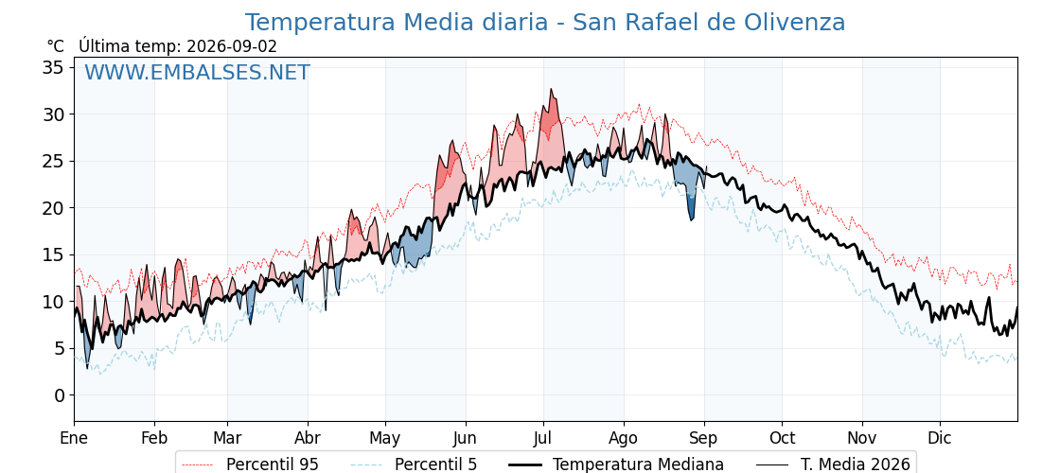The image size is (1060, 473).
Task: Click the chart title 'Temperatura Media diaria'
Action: pyautogui.click(x=396, y=23)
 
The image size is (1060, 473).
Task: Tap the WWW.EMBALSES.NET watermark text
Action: pyautogui.click(x=197, y=72)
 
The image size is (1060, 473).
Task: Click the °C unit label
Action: pyautogui.click(x=56, y=46)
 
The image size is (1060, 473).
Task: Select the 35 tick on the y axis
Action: pyautogui.click(x=55, y=67)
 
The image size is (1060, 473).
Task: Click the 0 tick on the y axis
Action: pyautogui.click(x=61, y=395)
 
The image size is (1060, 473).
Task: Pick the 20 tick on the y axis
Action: pyautogui.click(x=55, y=208)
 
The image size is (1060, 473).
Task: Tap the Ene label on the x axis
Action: pyautogui.click(x=74, y=438)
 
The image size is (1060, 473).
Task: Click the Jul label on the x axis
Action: pyautogui.click(x=543, y=438)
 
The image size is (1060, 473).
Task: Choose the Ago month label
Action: pyautogui.click(x=623, y=439)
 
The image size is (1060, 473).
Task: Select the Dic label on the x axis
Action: pyautogui.click(x=940, y=438)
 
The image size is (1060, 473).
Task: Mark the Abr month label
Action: pyautogui.click(x=308, y=438)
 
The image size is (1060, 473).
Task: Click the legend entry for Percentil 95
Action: pyautogui.click(x=248, y=464)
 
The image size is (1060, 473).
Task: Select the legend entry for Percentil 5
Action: pyautogui.click(x=414, y=464)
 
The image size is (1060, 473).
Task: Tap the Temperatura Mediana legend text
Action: pyautogui.click(x=638, y=464)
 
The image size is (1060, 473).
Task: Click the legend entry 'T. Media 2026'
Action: pyautogui.click(x=856, y=464)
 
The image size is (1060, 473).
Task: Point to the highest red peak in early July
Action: pyautogui.click(x=551, y=90)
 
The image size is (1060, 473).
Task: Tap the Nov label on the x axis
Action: pyautogui.click(x=862, y=438)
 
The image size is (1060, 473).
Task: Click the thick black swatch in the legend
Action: pyautogui.click(x=524, y=464)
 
